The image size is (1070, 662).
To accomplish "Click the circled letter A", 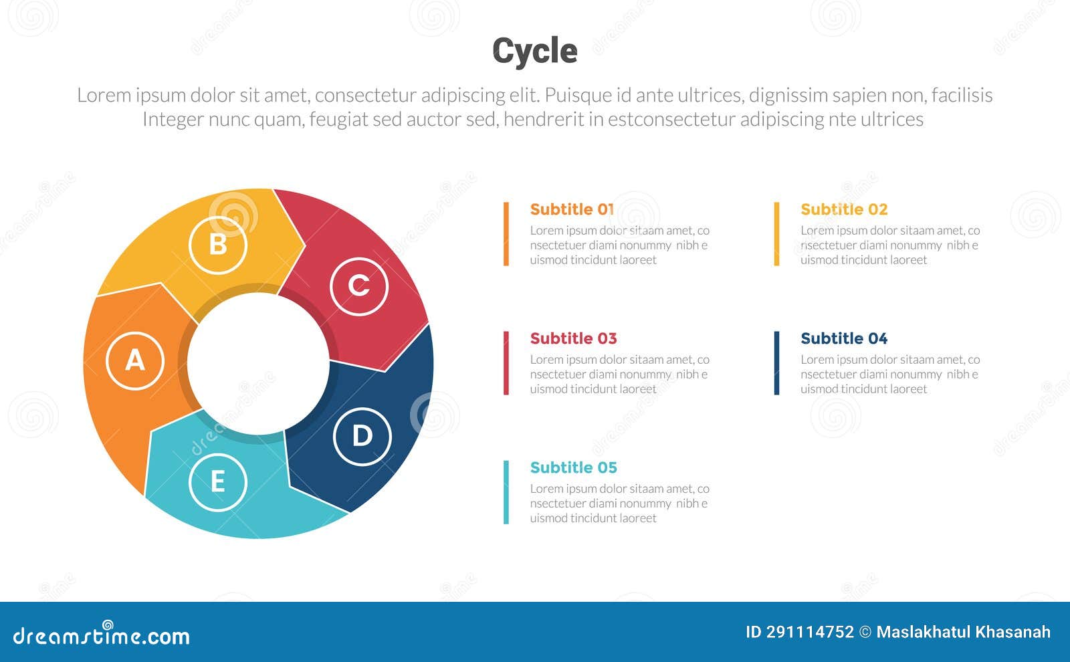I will tap(135, 360).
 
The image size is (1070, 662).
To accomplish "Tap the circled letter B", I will tap(218, 245).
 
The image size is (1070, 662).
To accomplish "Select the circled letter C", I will tap(359, 286).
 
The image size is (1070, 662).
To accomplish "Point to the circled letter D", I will tap(362, 436).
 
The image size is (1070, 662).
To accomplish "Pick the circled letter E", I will tap(218, 482).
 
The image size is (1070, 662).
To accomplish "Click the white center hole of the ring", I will tap(258, 363).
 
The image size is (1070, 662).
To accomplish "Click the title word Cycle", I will tap(534, 51).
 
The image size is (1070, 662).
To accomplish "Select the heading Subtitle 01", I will tap(572, 209).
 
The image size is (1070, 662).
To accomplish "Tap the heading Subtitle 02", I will tap(844, 209).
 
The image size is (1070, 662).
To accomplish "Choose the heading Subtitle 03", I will tap(573, 338).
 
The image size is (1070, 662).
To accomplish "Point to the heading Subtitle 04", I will tap(844, 338).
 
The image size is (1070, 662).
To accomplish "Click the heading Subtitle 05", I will tap(573, 467).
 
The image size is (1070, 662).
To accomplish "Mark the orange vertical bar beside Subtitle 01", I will tap(506, 234).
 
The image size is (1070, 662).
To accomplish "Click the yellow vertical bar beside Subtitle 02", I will tap(776, 234).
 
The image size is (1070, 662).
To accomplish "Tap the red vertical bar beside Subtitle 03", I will tap(506, 363).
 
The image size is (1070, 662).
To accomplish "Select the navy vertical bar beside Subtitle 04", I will tap(776, 363).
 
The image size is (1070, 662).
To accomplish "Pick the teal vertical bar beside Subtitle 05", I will tap(506, 492).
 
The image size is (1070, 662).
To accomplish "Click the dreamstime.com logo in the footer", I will tap(101, 635).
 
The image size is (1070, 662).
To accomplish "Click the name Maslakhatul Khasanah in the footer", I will tap(963, 632).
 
